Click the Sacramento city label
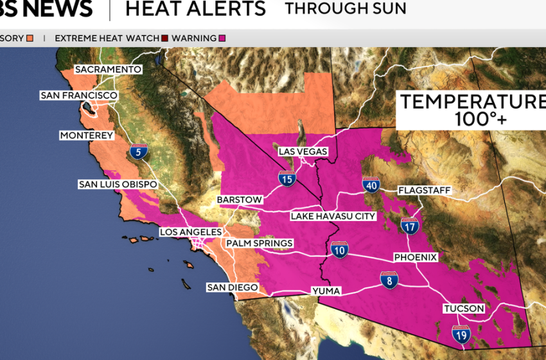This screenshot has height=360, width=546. point(108,69)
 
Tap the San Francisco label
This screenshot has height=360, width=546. point(79,96)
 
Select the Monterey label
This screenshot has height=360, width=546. point(86,136)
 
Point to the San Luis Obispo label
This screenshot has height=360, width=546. point(118,184)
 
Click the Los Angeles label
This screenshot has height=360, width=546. point(191,232)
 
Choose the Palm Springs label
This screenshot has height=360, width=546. point(259,244)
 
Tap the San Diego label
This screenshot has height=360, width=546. point(232,287)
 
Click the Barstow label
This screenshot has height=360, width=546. point(240,200)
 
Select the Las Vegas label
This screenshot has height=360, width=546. point(303,152)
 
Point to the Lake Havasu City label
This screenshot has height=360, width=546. point(333,216)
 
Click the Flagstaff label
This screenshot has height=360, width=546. point(425,191)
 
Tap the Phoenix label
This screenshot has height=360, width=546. point(416,257)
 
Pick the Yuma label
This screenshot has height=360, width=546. point(326,291)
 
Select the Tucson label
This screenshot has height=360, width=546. point(464,309)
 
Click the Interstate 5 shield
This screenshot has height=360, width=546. point(138,152)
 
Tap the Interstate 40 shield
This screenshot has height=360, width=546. point(371,185)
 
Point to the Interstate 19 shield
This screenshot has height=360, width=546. point(461,334)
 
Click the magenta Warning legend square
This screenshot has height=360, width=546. point(222,38)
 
